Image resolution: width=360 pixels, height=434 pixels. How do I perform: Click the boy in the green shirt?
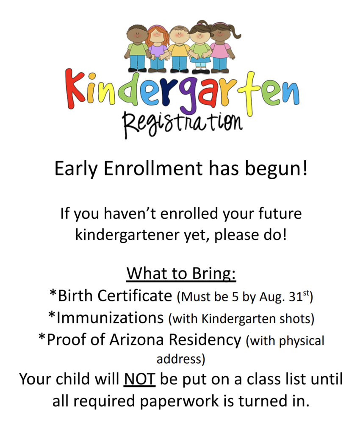click(x=136, y=48)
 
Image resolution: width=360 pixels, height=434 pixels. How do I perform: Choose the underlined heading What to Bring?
click(x=181, y=273)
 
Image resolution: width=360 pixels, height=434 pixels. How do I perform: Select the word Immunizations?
click(x=110, y=317)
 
